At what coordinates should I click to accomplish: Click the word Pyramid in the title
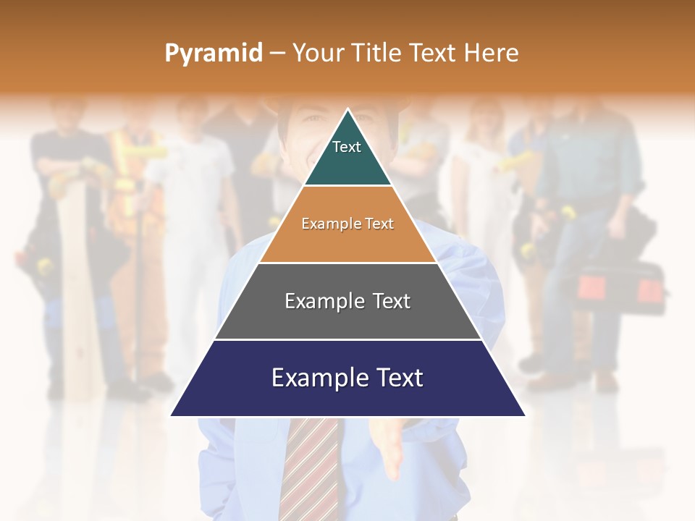213,54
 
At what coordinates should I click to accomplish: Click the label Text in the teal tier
346,147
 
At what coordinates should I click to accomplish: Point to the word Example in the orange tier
324,224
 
